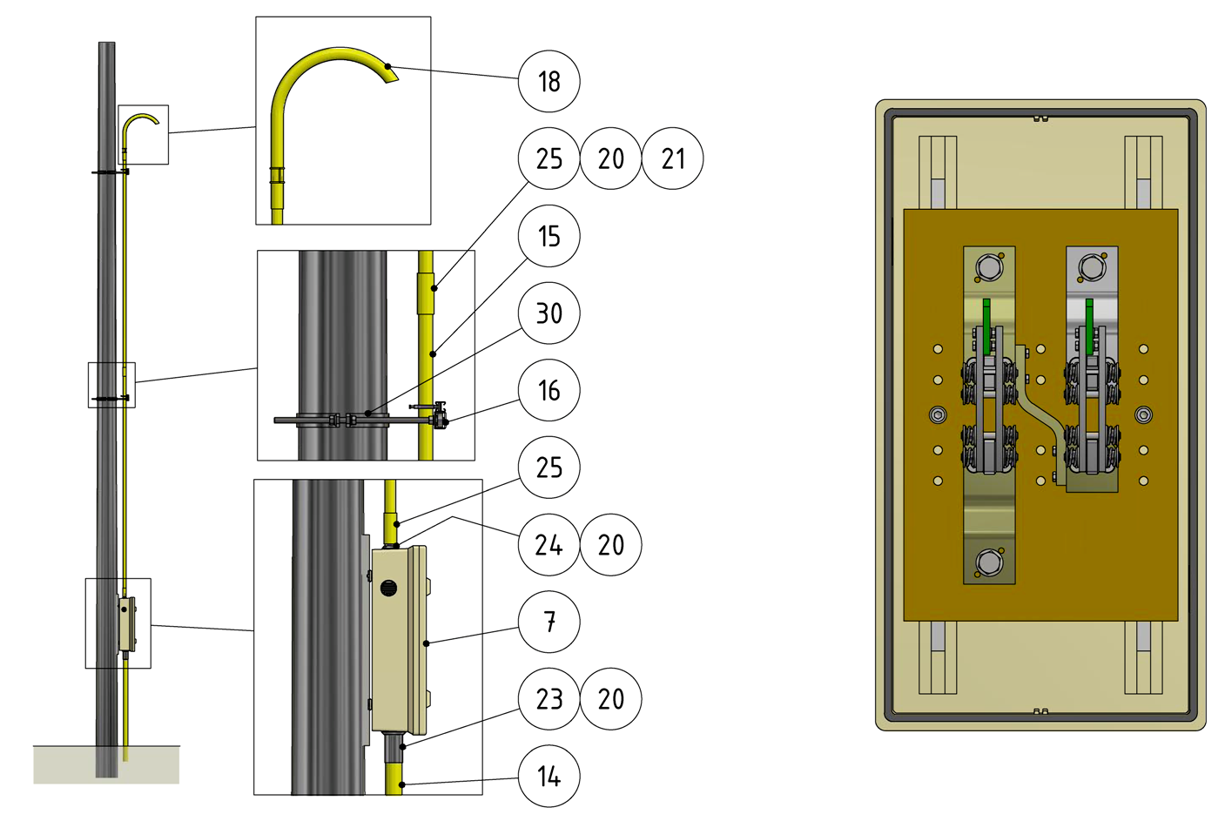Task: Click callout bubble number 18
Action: tap(549, 82)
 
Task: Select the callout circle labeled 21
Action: tap(673, 158)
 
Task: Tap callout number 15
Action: tap(549, 236)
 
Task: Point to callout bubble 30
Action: tap(549, 313)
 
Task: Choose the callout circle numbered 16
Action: tap(549, 391)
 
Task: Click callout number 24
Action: tap(549, 545)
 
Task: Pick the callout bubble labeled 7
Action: tap(549, 622)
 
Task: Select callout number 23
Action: tap(549, 699)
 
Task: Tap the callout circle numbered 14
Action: tap(549, 776)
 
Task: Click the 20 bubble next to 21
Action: tap(611, 158)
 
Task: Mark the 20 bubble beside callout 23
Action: tap(611, 699)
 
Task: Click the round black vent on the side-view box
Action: tap(388, 588)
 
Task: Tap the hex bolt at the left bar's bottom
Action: tap(989, 562)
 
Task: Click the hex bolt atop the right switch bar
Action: tap(1092, 267)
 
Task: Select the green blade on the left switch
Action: tap(986, 326)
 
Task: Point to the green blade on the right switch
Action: tap(1089, 326)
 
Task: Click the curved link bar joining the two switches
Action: tap(1040, 414)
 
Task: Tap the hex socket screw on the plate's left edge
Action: tap(938, 415)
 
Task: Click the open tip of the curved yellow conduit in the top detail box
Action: tap(392, 76)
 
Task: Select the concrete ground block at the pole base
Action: tap(106, 764)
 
